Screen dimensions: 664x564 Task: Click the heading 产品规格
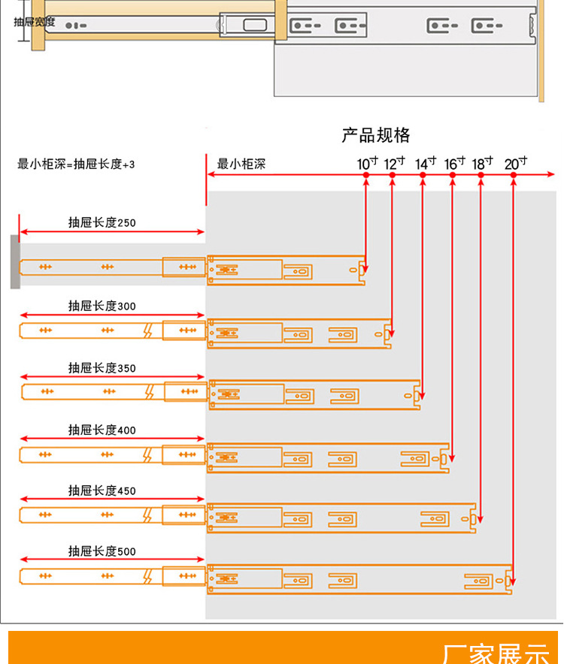click(x=376, y=135)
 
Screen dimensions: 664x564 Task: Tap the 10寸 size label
click(x=368, y=163)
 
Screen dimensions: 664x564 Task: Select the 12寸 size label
click(x=395, y=163)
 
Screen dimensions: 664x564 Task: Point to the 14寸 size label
click(x=426, y=163)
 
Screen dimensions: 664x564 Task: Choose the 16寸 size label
click(x=455, y=163)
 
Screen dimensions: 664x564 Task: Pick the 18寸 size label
click(x=483, y=163)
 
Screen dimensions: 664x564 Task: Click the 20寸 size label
click(x=515, y=163)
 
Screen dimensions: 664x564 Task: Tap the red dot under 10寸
click(x=365, y=175)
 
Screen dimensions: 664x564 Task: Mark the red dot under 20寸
click(x=514, y=175)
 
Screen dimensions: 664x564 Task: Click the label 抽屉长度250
click(x=102, y=222)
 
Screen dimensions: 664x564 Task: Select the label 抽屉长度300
click(x=102, y=306)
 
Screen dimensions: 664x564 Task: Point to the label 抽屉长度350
click(x=102, y=368)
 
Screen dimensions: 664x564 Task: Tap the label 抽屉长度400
click(x=102, y=430)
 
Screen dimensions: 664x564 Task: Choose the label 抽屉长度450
click(x=102, y=490)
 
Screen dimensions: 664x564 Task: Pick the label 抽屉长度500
click(x=102, y=551)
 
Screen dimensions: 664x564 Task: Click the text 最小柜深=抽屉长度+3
click(x=76, y=164)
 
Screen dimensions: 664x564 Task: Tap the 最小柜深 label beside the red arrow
click(x=241, y=164)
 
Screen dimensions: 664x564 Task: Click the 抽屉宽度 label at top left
click(x=35, y=22)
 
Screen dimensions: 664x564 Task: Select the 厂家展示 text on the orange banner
click(x=496, y=653)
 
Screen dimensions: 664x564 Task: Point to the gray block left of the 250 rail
click(x=15, y=261)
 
